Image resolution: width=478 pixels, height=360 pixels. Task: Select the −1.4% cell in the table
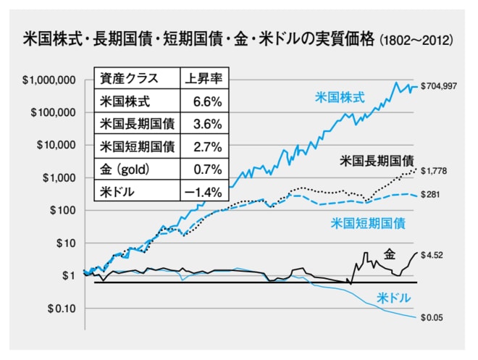click(204, 192)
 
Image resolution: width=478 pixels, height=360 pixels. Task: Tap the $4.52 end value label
click(432, 254)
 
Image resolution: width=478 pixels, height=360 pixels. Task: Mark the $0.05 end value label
click(432, 317)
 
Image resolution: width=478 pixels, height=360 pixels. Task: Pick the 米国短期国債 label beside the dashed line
click(367, 222)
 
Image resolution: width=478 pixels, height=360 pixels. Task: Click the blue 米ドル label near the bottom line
click(394, 298)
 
